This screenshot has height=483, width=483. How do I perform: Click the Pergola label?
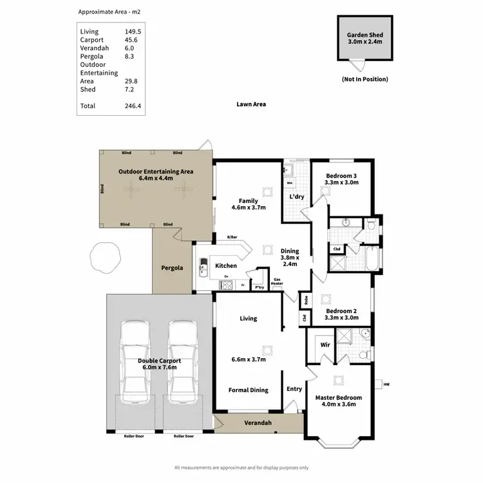(x=172, y=267)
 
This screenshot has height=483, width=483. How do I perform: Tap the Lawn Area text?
(x=251, y=104)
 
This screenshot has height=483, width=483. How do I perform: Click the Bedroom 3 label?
(x=341, y=179)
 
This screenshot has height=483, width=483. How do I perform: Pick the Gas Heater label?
(x=278, y=281)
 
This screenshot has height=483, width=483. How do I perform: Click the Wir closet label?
(x=325, y=345)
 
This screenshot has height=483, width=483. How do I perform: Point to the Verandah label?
(x=258, y=423)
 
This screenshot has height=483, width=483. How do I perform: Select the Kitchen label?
(x=225, y=265)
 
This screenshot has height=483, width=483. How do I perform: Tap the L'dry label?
(x=297, y=196)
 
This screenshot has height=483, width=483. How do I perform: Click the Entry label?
(x=294, y=389)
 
